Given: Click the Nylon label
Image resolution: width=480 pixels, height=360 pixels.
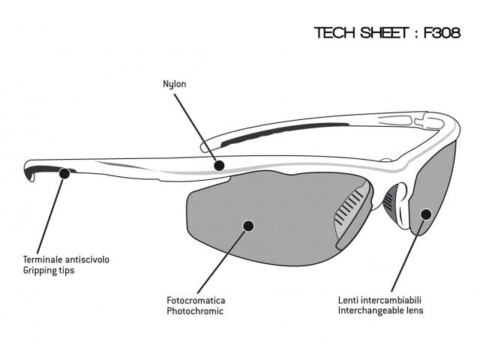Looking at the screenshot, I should tap(174, 84).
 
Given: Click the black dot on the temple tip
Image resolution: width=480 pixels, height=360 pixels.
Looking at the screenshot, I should tap(64, 173).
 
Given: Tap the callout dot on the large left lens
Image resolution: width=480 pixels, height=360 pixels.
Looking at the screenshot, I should tap(249, 223).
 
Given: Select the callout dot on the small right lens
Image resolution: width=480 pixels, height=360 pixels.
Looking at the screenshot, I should tap(425, 213).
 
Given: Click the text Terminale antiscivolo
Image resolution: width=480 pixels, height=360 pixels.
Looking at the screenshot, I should tap(66, 259).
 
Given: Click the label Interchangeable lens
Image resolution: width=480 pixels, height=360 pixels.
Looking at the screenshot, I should tap(380, 310).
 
